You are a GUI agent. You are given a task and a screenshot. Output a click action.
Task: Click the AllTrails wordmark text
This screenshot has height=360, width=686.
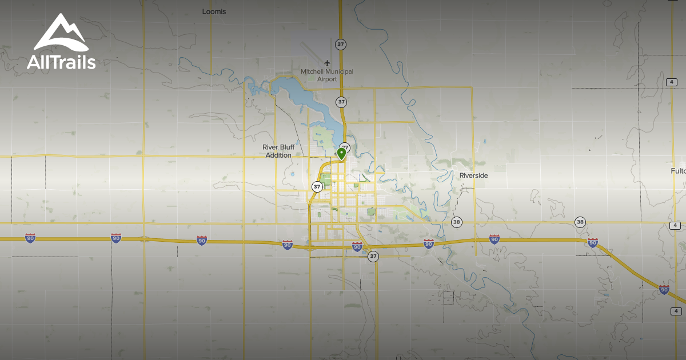click(x=61, y=63)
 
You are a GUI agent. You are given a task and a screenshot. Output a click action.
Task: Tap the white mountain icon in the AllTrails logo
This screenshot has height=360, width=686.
click(x=60, y=34)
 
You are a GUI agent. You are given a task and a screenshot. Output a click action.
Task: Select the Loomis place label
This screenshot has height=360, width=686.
click(x=214, y=11)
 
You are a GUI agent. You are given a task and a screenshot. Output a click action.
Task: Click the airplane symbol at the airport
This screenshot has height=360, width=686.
click(x=327, y=63)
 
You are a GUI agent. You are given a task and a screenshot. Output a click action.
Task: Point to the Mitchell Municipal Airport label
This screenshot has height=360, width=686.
click(x=327, y=75)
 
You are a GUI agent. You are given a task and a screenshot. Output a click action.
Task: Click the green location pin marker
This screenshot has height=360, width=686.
click(x=341, y=153)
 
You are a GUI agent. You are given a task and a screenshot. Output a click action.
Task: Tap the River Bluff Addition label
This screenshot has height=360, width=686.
click(x=278, y=151)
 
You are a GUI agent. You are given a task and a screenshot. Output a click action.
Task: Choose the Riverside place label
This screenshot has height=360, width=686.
click(x=473, y=175)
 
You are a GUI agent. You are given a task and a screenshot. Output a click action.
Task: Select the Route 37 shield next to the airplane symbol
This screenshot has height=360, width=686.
click(x=341, y=43)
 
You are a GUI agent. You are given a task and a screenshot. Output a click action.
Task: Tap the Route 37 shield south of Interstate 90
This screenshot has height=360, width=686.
click(x=373, y=256)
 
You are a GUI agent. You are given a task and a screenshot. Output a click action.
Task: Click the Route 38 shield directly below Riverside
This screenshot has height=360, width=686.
click(x=456, y=222)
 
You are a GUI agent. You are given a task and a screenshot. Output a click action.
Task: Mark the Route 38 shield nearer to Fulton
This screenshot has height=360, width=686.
click(x=580, y=222)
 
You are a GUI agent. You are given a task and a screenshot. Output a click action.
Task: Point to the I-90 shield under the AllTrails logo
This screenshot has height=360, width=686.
click(x=30, y=238)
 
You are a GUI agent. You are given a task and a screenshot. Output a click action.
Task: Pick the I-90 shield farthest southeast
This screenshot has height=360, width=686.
click(x=664, y=290)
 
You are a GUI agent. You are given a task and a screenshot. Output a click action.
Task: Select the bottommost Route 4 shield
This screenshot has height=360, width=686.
click(x=676, y=311)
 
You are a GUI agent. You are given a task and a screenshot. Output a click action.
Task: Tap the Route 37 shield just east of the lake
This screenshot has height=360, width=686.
click(x=341, y=102)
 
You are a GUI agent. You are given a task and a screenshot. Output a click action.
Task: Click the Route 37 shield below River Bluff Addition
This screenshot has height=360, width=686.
click(x=317, y=187)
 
